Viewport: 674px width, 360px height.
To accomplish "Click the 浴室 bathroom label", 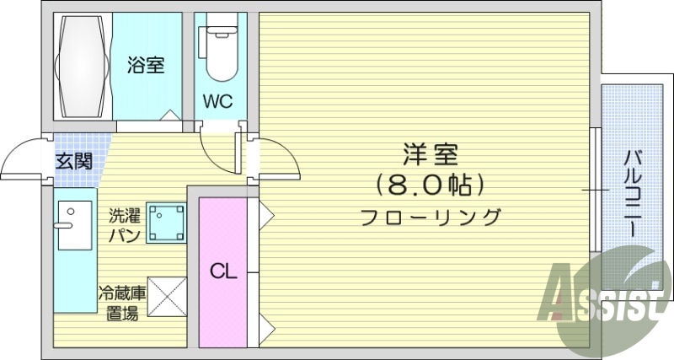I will click(x=146, y=65).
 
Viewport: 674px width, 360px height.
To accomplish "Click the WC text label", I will click(x=217, y=102).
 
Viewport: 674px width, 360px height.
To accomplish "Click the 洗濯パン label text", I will click(x=123, y=224).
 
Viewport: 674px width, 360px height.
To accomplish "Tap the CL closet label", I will click(x=223, y=271).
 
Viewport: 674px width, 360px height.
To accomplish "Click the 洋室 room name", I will click(x=430, y=156).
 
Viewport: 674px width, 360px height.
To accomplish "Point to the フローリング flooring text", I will click(x=430, y=217).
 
